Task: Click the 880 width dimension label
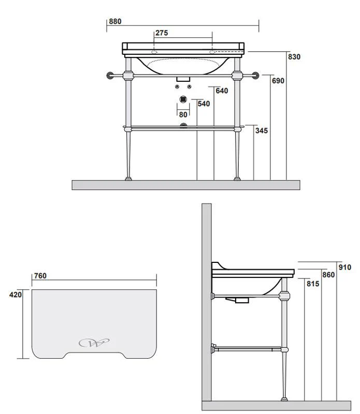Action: tap(115, 21)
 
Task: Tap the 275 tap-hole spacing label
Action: tap(162, 33)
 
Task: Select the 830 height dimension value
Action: tap(294, 57)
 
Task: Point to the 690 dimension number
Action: tap(278, 81)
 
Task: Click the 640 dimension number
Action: tap(222, 91)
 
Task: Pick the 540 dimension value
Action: tap(204, 104)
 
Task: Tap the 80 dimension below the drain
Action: tap(183, 114)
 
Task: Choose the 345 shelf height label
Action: tap(262, 131)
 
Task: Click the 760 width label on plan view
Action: tap(40, 276)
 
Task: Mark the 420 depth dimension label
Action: tap(16, 294)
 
